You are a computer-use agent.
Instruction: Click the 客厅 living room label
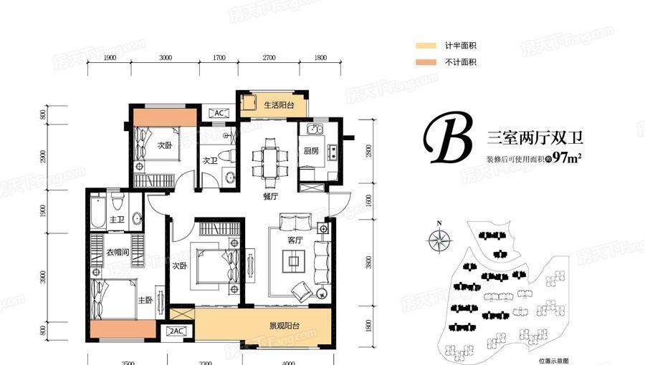click(295, 240)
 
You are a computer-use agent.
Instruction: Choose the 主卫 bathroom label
click(118, 220)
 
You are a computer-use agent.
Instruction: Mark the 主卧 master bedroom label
click(143, 300)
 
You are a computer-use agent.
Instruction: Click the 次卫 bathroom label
click(209, 160)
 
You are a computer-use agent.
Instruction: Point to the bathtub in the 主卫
click(98, 211)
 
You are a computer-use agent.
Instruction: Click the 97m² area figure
click(565, 158)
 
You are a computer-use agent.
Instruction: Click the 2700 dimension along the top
click(269, 57)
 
